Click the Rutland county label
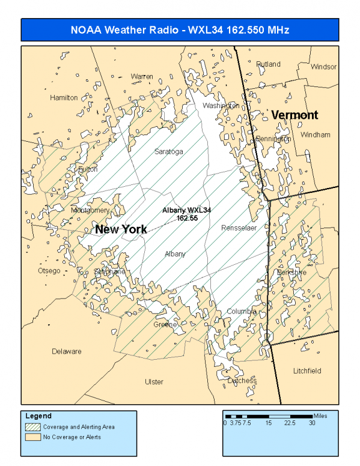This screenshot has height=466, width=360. click(x=268, y=64)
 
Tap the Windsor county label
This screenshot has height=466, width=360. click(x=323, y=67)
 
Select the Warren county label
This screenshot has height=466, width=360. click(x=142, y=77)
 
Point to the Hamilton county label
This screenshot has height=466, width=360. click(x=64, y=97)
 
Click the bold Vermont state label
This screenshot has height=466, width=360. click(x=294, y=115)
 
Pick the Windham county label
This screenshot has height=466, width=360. click(x=316, y=135)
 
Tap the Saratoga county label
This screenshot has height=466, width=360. click(x=168, y=151)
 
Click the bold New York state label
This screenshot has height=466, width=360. click(x=121, y=229)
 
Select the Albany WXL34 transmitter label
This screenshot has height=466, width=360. click(x=187, y=214)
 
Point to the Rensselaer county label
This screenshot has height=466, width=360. click(x=239, y=228)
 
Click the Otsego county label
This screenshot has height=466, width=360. click(x=49, y=271)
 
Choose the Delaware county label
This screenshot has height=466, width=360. click(x=66, y=351)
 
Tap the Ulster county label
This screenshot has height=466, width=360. click(x=154, y=382)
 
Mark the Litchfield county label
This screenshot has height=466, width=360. click(x=307, y=371)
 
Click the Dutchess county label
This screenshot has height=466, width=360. click(x=242, y=381)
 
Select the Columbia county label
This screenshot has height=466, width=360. click(x=242, y=311)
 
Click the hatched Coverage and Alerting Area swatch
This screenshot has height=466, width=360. click(x=32, y=427)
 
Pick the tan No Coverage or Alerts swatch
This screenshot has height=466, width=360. click(x=32, y=437)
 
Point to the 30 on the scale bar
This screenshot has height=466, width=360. click(x=313, y=423)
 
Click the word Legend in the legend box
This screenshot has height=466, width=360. click(x=38, y=416)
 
